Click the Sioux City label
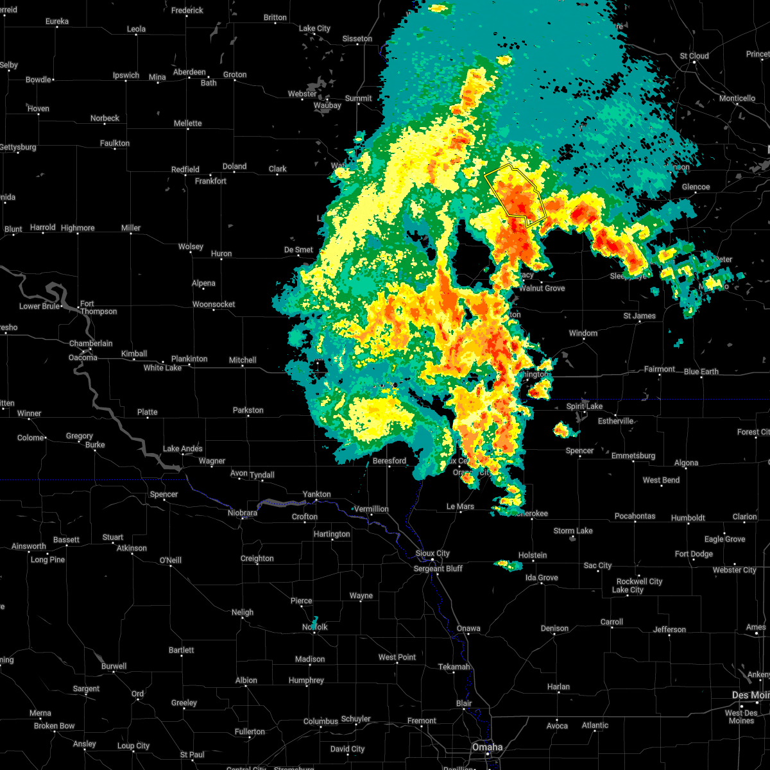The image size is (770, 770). click(x=432, y=553)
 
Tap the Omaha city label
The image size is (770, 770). click(x=487, y=748)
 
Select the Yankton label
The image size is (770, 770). click(x=317, y=494)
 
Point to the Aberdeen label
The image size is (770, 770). click(x=189, y=72)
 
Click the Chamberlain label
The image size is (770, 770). click(x=90, y=343)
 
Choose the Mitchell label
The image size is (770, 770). click(x=243, y=360)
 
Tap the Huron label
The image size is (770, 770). click(x=221, y=253)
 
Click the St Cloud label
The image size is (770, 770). click(x=694, y=56)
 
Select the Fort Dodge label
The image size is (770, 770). click(x=694, y=554)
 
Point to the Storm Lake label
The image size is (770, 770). click(x=573, y=531)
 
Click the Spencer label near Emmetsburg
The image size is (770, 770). click(x=579, y=450)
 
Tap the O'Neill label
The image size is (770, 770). click(x=171, y=560)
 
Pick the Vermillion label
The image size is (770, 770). click(x=372, y=509)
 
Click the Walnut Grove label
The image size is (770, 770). click(x=542, y=288)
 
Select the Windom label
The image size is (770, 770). click(x=583, y=333)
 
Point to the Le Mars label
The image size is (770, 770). click(x=460, y=506)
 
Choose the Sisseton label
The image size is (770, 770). click(x=357, y=38)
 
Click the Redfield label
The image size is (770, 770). click(x=185, y=169)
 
